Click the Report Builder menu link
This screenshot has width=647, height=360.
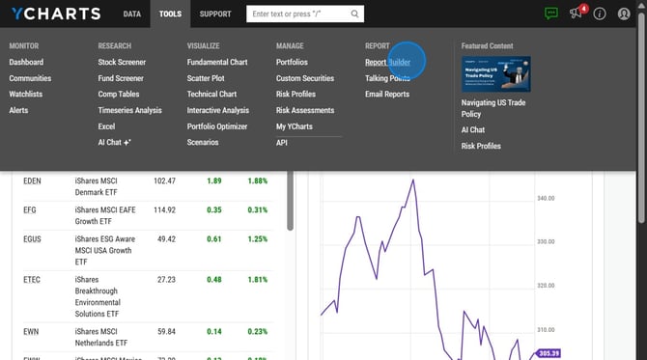pos(387,62)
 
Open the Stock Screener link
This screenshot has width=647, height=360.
pos(122,62)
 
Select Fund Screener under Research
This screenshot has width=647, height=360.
pos(121,78)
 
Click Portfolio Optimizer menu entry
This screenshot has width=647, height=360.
pos(217,126)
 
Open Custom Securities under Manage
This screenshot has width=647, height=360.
pos(305,78)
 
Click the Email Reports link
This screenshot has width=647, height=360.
pos(386,94)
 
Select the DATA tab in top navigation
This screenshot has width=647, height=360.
pos(132,14)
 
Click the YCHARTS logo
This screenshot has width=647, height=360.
pos(56,14)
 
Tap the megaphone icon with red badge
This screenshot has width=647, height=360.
pos(577,14)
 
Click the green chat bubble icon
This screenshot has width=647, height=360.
pos(551,14)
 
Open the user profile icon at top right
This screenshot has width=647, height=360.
pos(624,14)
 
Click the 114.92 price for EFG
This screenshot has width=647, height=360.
pos(164,209)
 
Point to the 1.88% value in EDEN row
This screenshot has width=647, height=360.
pos(256,180)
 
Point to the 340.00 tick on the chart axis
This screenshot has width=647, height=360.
pos(548,199)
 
